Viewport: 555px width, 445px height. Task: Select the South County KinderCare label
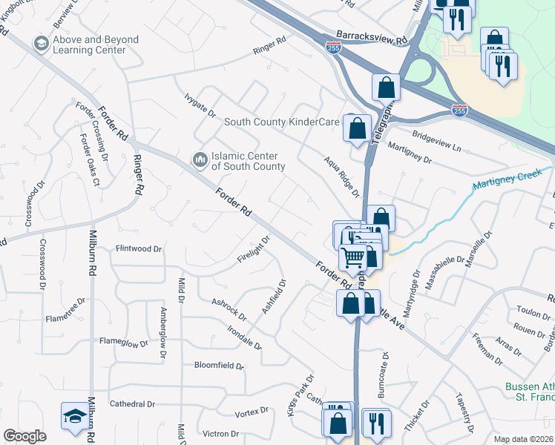tap(281, 122)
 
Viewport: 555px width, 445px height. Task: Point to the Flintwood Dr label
tap(138, 249)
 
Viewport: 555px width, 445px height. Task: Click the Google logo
tap(24, 436)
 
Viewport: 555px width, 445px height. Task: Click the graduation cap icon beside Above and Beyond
tap(41, 45)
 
